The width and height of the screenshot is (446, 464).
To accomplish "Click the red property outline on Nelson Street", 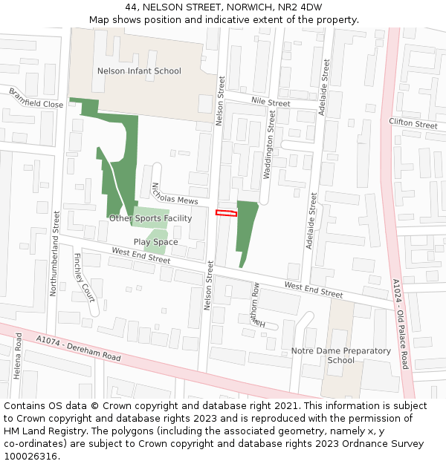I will [x=226, y=213].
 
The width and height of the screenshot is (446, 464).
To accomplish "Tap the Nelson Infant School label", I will [x=139, y=71].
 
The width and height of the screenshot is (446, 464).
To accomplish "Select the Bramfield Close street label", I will [x=36, y=99].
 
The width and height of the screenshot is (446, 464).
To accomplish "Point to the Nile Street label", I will [x=271, y=102].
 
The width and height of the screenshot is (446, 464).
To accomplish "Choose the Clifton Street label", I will [x=413, y=123].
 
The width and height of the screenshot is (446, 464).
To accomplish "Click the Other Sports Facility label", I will [x=150, y=218].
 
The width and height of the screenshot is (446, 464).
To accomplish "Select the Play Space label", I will [x=155, y=242].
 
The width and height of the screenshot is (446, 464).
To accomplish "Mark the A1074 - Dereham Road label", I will [x=77, y=347].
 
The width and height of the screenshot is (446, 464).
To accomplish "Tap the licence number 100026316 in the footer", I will [x=31, y=457].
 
